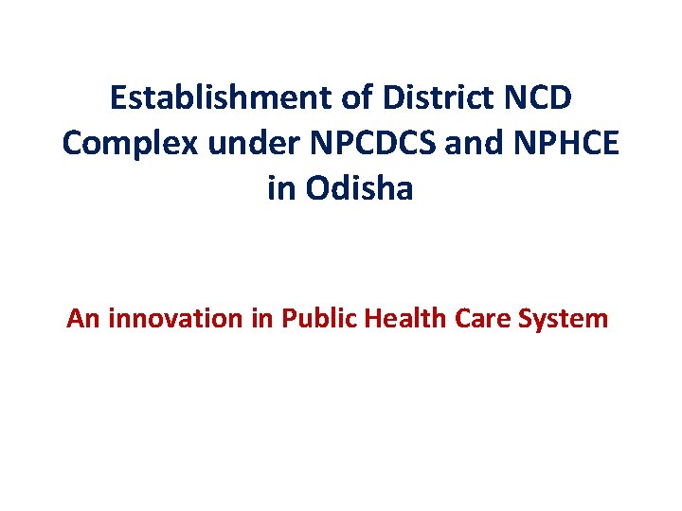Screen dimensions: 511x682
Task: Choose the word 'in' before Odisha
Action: (x=281, y=189)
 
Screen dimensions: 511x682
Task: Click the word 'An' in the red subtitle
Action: (x=84, y=319)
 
